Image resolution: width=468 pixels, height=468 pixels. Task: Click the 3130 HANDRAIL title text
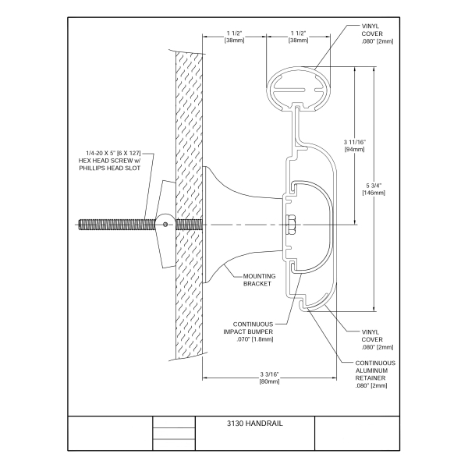pyautogui.click(x=254, y=424)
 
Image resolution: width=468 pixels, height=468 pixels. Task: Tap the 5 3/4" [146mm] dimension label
pyautogui.click(x=374, y=189)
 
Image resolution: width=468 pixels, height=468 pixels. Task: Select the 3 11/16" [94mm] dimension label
pyautogui.click(x=355, y=146)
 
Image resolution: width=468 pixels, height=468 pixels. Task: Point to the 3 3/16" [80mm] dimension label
pyautogui.click(x=269, y=378)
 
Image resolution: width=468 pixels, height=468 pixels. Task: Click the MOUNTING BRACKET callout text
pyautogui.click(x=259, y=280)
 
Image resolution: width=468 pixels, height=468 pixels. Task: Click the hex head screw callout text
pyautogui.click(x=109, y=161)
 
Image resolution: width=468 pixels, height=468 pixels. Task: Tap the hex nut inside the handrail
pyautogui.click(x=290, y=225)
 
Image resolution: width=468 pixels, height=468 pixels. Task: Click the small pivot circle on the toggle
pyautogui.click(x=165, y=225)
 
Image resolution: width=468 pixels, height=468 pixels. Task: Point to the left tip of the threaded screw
pyautogui.click(x=79, y=225)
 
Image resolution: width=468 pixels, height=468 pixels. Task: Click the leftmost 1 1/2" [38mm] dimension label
pyautogui.click(x=234, y=37)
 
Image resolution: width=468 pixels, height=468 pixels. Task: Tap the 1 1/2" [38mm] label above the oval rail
pyautogui.click(x=298, y=37)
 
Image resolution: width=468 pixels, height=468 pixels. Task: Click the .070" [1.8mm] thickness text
pyautogui.click(x=254, y=339)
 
